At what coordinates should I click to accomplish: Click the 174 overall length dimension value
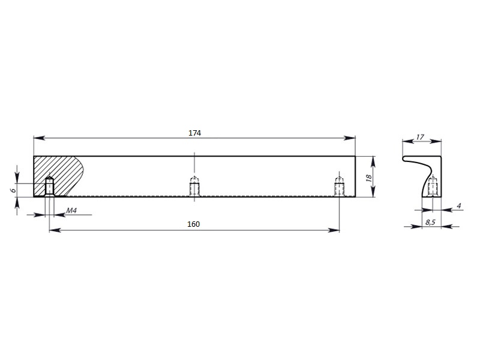click(194, 133)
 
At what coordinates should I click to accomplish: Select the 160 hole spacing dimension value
click(193, 224)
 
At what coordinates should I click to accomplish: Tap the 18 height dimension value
click(369, 178)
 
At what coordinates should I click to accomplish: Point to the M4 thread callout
click(71, 211)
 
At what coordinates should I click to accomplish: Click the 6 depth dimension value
click(13, 190)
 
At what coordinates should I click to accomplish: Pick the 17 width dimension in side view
click(420, 137)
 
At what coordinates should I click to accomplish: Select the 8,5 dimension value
click(430, 222)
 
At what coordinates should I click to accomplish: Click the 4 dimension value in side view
click(458, 206)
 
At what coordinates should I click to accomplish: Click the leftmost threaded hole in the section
click(49, 186)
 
